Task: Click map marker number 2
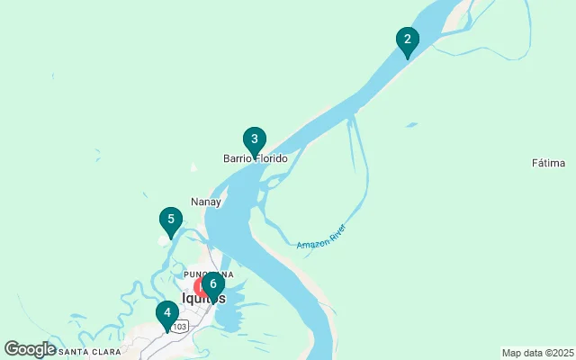point(408,40)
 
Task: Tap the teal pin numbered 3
point(255,139)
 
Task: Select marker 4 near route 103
point(166,314)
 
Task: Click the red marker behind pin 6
point(201,287)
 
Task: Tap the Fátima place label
point(548,163)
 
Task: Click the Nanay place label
point(206,202)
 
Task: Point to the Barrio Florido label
point(256,159)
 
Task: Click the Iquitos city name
point(203,299)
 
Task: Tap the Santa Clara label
point(89,351)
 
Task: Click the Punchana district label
point(208,274)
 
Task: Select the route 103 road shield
point(182,326)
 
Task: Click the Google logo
point(30,349)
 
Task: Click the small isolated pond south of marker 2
point(410,125)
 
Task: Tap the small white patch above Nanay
point(193,166)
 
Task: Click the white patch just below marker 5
point(164,239)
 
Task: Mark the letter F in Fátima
point(535,163)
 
